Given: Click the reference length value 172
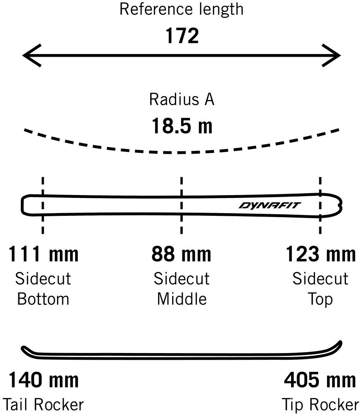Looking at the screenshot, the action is [182, 36].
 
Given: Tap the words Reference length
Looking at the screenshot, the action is [182, 9].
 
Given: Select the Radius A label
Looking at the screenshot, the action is [182, 99].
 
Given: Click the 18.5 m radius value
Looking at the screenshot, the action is [182, 126].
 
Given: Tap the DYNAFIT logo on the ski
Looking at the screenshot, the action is [270, 206].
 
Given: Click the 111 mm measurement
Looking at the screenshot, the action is [43, 254].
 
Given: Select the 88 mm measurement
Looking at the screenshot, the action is [182, 254].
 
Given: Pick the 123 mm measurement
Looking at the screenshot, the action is [320, 254].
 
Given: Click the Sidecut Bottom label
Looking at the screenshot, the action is [43, 289].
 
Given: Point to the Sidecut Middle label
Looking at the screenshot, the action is [182, 289].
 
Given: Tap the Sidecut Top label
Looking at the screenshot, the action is [320, 289].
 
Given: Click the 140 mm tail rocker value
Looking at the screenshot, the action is [43, 380].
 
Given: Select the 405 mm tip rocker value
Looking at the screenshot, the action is [320, 380].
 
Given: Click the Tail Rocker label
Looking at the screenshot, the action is [43, 404].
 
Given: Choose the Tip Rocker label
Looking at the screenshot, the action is [320, 404].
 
